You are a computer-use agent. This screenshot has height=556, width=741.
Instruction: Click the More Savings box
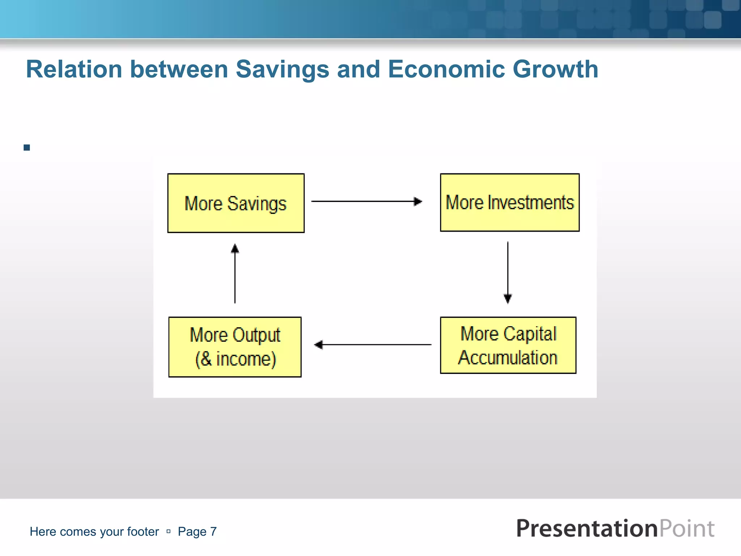(x=236, y=203)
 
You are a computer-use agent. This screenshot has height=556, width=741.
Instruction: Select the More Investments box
(x=509, y=202)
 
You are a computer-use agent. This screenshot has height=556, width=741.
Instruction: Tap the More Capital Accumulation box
(x=508, y=345)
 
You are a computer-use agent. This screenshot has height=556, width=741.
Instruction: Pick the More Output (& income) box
(x=235, y=347)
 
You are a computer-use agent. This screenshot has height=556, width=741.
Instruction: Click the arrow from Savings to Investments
(x=366, y=201)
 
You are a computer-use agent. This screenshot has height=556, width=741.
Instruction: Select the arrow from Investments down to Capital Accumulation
(x=508, y=272)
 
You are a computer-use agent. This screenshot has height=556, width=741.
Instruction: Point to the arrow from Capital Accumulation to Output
(x=373, y=345)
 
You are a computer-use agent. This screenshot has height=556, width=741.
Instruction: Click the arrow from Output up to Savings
(x=235, y=274)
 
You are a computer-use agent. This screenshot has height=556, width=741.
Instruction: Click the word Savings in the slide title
(x=282, y=69)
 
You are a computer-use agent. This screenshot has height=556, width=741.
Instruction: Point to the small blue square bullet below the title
(x=27, y=148)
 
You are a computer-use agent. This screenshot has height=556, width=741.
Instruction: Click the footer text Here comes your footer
(x=94, y=531)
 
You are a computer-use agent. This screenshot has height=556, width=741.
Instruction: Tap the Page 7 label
(x=197, y=531)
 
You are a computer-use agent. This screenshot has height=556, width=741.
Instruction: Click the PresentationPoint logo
(x=615, y=528)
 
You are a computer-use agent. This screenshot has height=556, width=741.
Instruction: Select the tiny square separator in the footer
(x=168, y=531)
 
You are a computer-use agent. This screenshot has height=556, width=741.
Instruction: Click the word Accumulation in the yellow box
(x=508, y=358)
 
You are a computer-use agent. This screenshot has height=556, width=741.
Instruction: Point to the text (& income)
(x=236, y=359)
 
